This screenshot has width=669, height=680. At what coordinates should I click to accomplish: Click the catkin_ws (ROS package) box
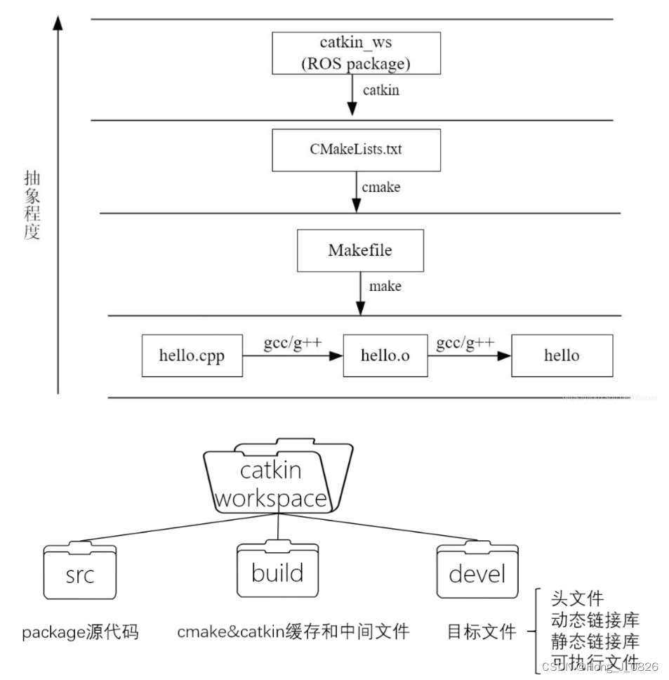[356, 52]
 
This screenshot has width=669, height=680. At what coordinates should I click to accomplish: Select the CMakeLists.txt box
[356, 150]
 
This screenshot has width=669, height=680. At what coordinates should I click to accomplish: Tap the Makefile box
[360, 250]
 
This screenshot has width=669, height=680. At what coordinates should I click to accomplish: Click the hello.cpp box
[192, 355]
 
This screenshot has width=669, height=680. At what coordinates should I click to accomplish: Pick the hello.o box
[385, 355]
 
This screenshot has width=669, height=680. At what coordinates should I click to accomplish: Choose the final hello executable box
[562, 355]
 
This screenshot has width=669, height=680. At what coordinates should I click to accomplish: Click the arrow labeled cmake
[356, 190]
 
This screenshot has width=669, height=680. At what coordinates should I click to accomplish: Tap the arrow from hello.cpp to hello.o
[292, 356]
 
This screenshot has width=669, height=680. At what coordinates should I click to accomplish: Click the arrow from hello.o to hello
[469, 356]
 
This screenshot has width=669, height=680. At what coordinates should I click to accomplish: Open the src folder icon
[79, 572]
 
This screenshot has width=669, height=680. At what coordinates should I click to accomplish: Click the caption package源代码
[80, 632]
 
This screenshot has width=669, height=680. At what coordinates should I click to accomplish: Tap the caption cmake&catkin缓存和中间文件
[293, 632]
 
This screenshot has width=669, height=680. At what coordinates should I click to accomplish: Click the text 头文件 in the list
[577, 599]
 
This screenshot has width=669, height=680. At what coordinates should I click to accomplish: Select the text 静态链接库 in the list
[595, 641]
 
